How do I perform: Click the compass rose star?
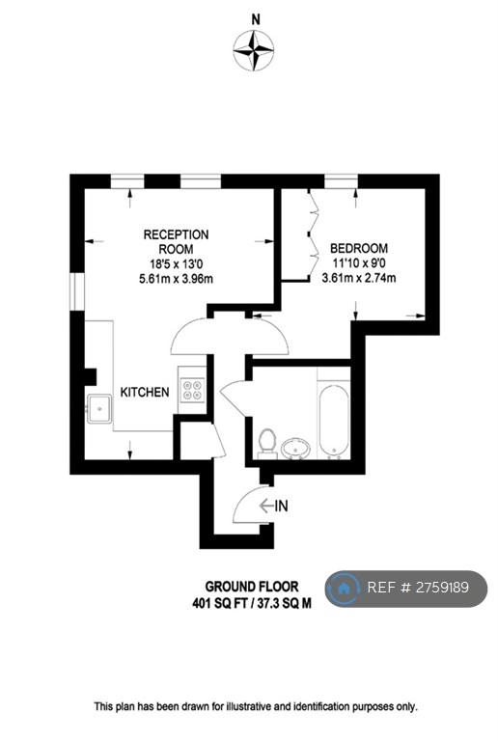pos(254,50)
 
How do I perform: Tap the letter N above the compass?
pos(255,19)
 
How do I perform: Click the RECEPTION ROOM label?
pos(176,241)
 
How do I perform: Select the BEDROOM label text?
pos(359,248)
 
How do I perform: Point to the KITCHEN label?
pos(145,392)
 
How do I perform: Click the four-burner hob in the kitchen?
pos(193,390)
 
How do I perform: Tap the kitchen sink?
pos(98,409)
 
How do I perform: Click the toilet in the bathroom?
pos(267,443)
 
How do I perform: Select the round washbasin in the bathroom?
pos(295,449)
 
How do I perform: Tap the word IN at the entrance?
pos(281,507)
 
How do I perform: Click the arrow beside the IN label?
pos(266,507)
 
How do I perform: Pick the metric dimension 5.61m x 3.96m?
pos(176,279)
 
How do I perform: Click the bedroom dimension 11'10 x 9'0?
pos(359,262)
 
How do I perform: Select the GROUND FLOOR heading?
pos(252,587)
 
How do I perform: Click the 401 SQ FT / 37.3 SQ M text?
pos(252,603)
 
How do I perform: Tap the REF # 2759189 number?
pos(418,588)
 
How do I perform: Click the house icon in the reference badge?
pos(344,589)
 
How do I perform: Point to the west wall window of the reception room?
pos(77,292)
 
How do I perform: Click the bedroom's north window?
pos(341,181)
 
